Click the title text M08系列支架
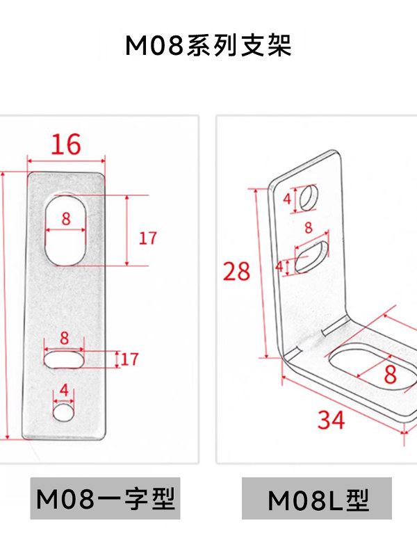(208, 45)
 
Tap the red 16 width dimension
(66, 145)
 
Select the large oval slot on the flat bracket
(65, 230)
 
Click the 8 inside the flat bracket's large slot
(66, 219)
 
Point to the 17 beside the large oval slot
(147, 238)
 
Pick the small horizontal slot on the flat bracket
(64, 359)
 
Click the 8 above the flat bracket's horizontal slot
(64, 338)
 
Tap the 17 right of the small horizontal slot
(129, 359)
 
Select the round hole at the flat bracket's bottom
(63, 412)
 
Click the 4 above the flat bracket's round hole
(64, 390)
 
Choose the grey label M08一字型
(106, 498)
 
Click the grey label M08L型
(317, 498)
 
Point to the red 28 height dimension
(236, 272)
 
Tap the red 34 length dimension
(332, 420)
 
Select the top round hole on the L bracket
(309, 197)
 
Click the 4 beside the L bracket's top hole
(287, 199)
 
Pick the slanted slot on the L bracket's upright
(312, 257)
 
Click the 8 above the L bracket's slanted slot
(309, 228)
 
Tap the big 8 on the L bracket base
(390, 374)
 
